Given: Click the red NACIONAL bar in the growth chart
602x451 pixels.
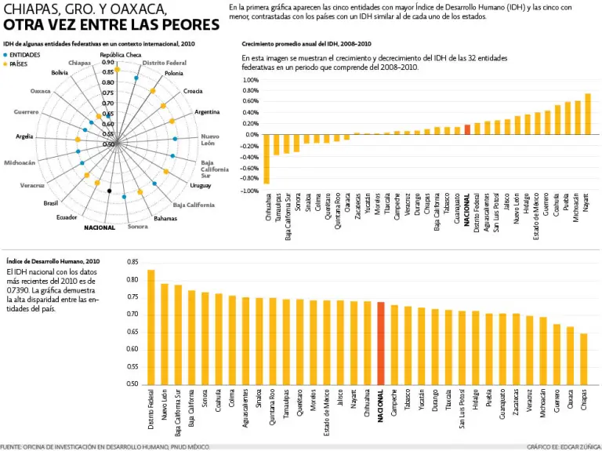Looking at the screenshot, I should tap(467, 129).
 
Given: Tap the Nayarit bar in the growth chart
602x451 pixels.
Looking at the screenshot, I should tap(587, 114).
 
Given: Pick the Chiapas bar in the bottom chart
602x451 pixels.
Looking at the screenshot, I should tap(583, 358).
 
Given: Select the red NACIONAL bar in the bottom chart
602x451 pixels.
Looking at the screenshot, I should tap(381, 343).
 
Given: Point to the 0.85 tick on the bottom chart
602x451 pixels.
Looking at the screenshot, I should tap(132, 262).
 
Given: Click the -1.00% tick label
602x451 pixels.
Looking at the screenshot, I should tap(249, 191).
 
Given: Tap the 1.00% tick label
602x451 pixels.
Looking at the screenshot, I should tap(250, 80).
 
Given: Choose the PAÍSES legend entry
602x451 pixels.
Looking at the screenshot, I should tap(21, 64).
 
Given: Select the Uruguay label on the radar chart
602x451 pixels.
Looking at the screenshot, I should tap(200, 185).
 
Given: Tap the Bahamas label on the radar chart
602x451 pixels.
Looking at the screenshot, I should tap(165, 218).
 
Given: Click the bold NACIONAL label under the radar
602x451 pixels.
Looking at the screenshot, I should tap(100, 227).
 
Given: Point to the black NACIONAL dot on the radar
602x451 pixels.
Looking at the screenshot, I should tap(110, 191).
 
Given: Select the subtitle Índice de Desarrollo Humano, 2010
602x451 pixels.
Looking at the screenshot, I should tap(53, 260).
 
